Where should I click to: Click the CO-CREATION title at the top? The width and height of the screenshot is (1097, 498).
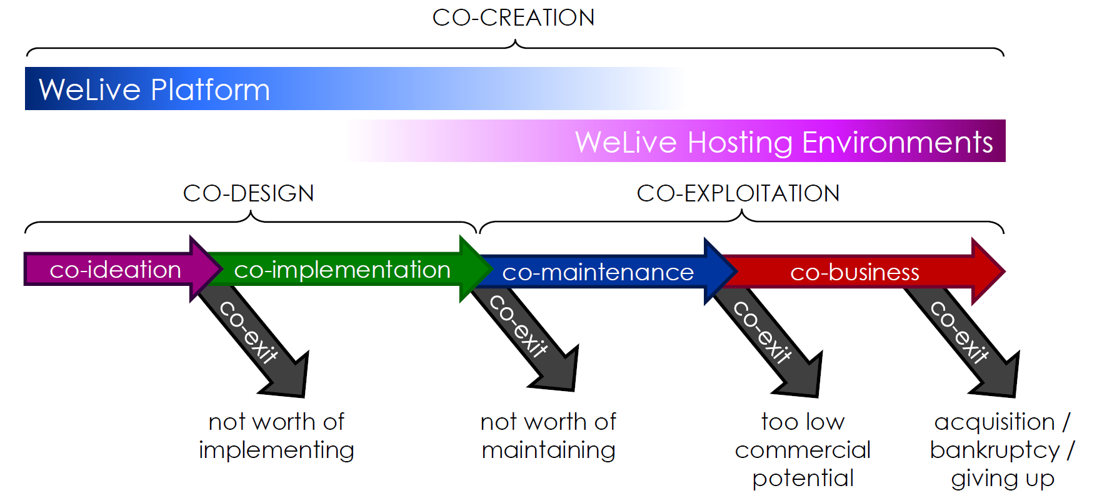tap(513, 18)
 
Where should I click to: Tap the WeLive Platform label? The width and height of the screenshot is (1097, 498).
tap(154, 89)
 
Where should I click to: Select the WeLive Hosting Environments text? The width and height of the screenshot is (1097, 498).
tap(784, 142)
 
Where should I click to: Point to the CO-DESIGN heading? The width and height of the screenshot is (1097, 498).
tap(248, 193)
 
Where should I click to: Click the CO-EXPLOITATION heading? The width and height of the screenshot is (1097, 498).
tap(738, 193)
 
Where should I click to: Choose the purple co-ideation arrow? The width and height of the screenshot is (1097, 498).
tap(116, 270)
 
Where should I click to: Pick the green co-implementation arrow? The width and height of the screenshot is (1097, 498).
tap(342, 270)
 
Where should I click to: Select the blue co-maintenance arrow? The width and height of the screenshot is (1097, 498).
tap(598, 272)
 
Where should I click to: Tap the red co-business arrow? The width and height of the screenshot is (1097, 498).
tap(854, 272)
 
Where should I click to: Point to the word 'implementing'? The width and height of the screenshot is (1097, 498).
tap(276, 450)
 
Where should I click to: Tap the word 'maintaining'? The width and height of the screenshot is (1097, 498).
tap(548, 450)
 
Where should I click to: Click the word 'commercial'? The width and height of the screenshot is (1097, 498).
tap(803, 450)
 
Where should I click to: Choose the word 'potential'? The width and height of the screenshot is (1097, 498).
tap(803, 479)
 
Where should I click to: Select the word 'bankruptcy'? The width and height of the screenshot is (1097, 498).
tap(994, 450)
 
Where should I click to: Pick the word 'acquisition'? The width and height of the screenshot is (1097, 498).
tap(994, 422)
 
